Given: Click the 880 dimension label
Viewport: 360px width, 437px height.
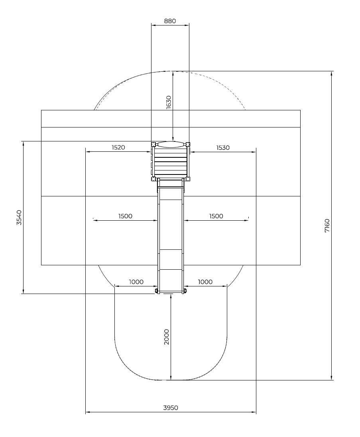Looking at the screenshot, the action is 170,21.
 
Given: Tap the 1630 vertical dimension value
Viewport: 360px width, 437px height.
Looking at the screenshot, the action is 168,102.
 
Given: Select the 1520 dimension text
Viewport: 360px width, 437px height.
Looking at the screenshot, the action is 118,147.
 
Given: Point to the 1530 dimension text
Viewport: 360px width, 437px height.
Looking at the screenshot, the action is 223,148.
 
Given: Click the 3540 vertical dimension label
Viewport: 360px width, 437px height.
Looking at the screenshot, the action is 19,218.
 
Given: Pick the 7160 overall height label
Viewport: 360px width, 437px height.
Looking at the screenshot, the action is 327,226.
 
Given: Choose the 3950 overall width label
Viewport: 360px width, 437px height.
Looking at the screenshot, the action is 171,408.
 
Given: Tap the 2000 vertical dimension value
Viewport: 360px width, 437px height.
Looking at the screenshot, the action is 167,337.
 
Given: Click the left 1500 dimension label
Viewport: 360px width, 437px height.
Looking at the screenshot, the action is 125,216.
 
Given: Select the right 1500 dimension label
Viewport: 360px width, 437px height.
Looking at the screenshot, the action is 216,216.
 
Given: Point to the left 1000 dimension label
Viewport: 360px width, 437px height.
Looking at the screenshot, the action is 136,282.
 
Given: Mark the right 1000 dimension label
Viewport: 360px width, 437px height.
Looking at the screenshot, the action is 205,282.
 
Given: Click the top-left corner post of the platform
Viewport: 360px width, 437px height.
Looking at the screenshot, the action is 153,144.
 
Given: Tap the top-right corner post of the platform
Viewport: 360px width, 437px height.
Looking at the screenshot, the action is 188,144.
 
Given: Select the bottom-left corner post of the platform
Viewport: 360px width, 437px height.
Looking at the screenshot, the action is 153,179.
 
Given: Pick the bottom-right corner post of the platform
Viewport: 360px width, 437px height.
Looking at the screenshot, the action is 188,179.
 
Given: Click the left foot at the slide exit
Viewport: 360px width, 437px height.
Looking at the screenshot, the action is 156,291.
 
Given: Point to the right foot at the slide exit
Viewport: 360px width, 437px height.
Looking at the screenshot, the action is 185,291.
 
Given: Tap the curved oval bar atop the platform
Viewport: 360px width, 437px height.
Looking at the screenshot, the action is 171,144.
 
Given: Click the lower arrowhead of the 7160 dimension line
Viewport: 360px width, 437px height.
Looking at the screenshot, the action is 332,378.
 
